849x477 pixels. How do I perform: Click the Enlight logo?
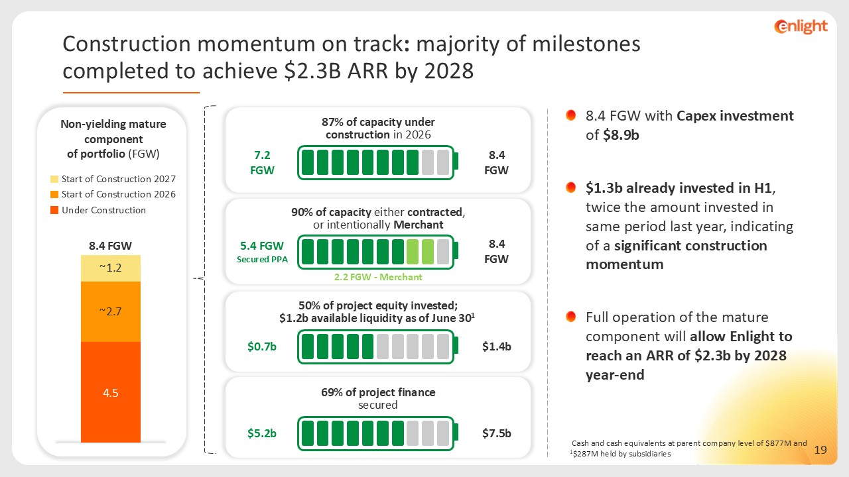pos(801,26)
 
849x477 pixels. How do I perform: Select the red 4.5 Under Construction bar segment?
pos(111,392)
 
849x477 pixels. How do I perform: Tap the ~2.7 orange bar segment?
pos(111,311)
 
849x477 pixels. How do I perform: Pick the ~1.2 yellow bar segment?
pos(111,268)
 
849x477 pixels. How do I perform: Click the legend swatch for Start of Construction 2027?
pos(54,179)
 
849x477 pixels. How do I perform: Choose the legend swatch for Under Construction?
pos(54,210)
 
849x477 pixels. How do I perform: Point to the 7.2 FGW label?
pos(262,163)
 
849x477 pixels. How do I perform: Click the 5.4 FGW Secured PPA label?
pos(262,252)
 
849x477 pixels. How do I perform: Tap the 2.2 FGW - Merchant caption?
pos(378,277)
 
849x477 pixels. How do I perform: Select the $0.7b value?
pos(262,346)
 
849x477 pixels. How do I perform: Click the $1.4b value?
pos(497,346)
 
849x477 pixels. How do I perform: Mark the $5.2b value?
pos(262,433)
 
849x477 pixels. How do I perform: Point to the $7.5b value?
pos(497,433)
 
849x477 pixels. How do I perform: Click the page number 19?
pos(820,450)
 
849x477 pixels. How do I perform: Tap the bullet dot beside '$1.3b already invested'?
pos(571,187)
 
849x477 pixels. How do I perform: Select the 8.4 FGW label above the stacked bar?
pos(110,246)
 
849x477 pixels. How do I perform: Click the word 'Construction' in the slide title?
pos(127,44)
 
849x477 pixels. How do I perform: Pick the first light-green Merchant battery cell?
pos(413,252)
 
